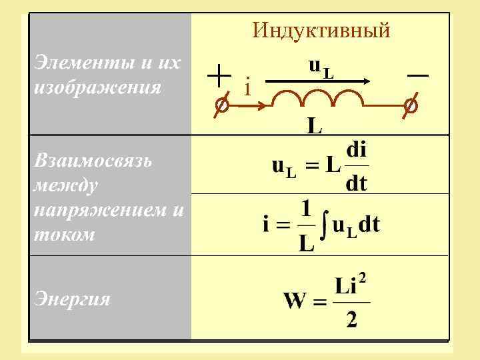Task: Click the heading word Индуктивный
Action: (x=321, y=31)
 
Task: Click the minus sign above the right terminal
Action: (x=417, y=77)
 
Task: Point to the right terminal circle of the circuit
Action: (x=411, y=105)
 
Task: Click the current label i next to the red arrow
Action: (x=247, y=87)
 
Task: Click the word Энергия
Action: (x=71, y=298)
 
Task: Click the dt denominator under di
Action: (x=357, y=183)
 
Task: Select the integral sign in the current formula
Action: (x=325, y=227)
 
